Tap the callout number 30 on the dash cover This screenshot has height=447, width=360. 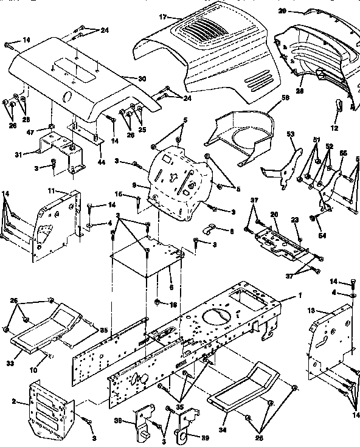[142, 78]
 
